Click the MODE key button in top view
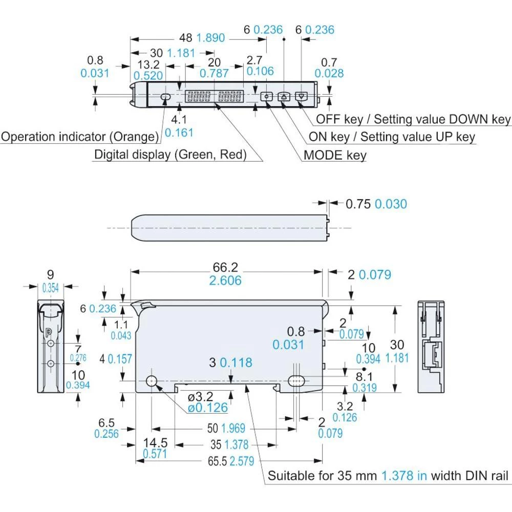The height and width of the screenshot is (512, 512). pyautogui.click(x=267, y=96)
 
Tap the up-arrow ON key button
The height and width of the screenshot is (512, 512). pyautogui.click(x=284, y=96)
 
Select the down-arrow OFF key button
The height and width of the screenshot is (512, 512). pyautogui.click(x=302, y=96)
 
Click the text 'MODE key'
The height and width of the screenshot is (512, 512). pyautogui.click(x=335, y=155)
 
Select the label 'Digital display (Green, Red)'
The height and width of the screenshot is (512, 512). pyautogui.click(x=170, y=154)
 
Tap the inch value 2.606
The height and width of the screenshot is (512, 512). pyautogui.click(x=225, y=281)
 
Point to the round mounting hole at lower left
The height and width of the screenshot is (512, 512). pyautogui.click(x=152, y=381)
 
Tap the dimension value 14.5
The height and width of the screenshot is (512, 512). pyautogui.click(x=155, y=442)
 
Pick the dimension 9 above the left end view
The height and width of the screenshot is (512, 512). pyautogui.click(x=50, y=275)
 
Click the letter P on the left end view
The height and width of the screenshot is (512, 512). pyautogui.click(x=49, y=332)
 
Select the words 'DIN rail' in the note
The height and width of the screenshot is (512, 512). pyautogui.click(x=486, y=476)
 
